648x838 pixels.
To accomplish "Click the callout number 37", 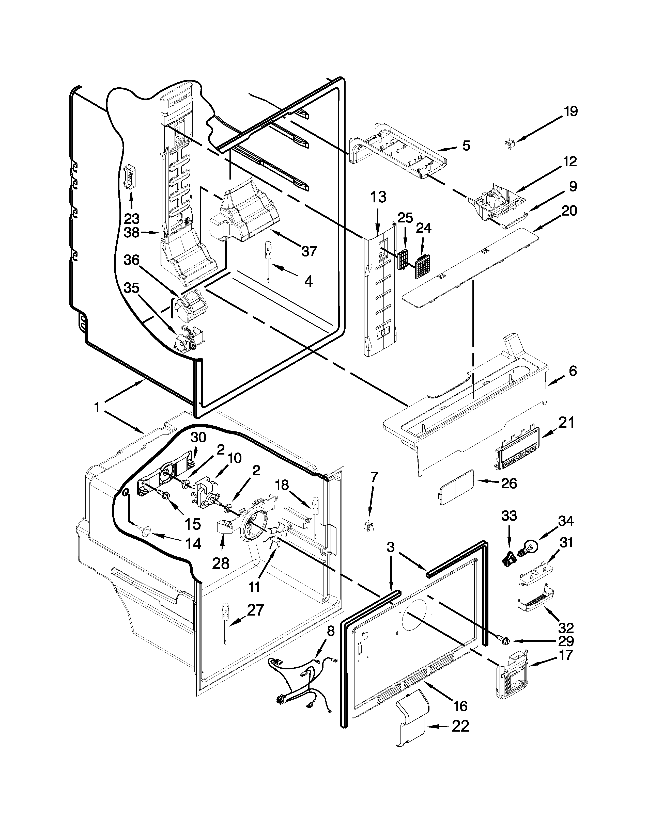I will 309,251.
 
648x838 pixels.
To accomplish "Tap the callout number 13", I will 378,198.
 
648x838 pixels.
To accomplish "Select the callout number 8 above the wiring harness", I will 331,631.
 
